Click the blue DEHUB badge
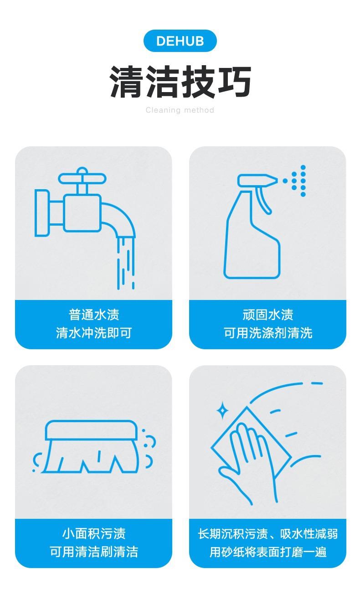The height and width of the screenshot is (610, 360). point(180,41)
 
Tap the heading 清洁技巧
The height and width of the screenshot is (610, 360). point(180,82)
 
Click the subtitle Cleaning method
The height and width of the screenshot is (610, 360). point(180,110)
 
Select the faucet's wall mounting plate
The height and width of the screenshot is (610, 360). point(42,212)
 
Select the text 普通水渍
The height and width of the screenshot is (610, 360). point(94,315)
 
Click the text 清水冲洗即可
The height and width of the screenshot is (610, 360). point(94,333)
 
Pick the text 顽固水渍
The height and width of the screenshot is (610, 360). point(267,315)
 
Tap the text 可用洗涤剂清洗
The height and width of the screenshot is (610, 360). point(267,333)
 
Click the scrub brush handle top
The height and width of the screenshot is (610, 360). point(91,429)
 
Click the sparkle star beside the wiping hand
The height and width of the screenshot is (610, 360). point(222,410)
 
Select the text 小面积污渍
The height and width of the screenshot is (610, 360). point(94,533)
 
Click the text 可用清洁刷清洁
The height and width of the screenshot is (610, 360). point(94,552)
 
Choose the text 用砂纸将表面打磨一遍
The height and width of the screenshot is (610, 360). point(267,552)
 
